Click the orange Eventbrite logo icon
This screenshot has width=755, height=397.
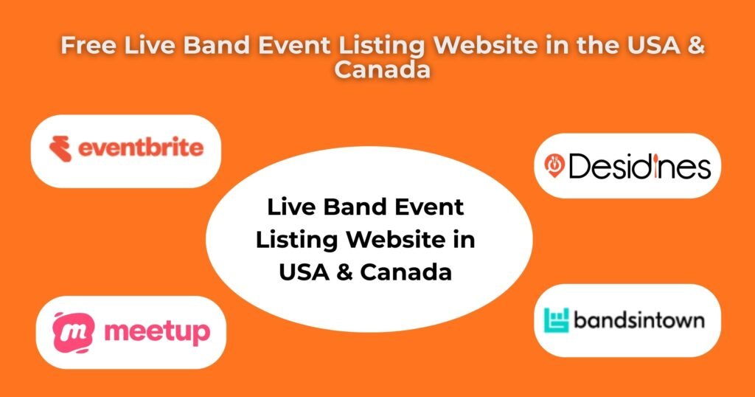click(x=60, y=148)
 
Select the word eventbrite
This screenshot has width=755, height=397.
click(x=141, y=148)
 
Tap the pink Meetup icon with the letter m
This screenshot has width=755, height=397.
click(x=73, y=333)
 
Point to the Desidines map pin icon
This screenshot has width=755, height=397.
click(x=554, y=165)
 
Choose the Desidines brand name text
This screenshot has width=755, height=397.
click(x=639, y=166)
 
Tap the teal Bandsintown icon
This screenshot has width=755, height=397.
click(x=556, y=320)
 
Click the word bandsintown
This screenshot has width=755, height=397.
click(x=639, y=320)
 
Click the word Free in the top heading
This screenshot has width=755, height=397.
click(x=88, y=45)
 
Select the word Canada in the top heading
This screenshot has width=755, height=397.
click(x=382, y=69)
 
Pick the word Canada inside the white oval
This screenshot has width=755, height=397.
click(x=406, y=272)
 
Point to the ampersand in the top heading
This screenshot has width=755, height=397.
click(x=695, y=45)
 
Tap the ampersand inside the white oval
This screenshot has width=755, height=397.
click(x=345, y=272)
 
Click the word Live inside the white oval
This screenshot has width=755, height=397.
click(x=291, y=207)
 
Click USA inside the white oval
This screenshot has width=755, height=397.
click(x=305, y=272)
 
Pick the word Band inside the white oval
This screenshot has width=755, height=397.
click(x=355, y=207)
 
